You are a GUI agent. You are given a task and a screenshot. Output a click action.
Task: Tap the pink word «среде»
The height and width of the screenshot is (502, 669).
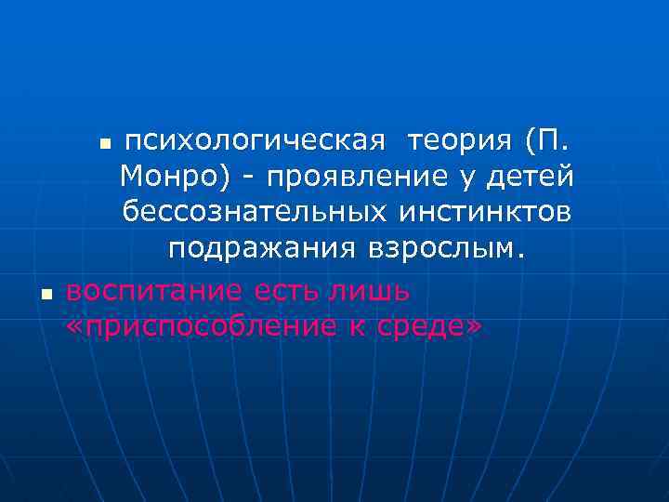422,325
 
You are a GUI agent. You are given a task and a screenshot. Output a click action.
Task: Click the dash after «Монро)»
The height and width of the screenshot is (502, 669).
251,178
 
